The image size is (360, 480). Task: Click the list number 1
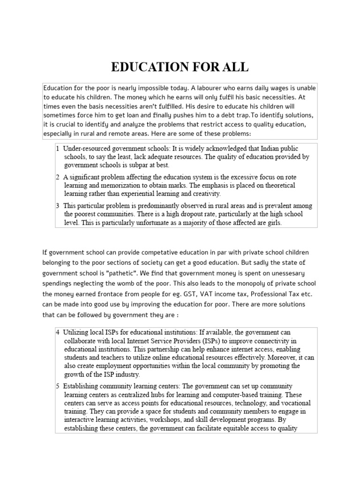coord(57,148)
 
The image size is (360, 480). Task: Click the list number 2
coord(57,177)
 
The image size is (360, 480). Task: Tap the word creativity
coord(204,194)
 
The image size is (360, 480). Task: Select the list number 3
coord(57,205)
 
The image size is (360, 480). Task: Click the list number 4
coord(57,332)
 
